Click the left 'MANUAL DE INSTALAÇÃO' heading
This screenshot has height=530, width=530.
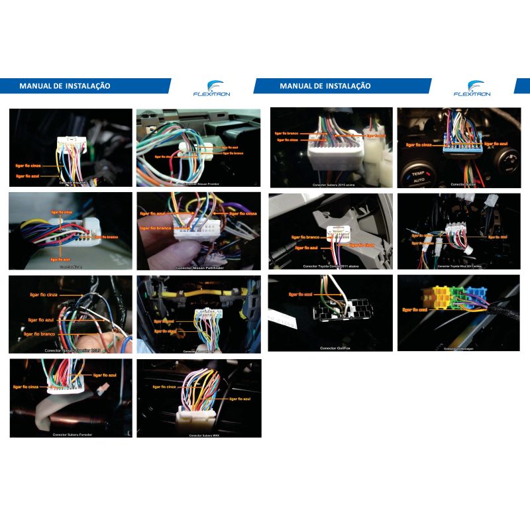tap(64, 86)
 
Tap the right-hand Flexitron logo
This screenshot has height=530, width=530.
tap(472, 89)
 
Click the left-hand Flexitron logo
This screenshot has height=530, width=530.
tap(211, 89)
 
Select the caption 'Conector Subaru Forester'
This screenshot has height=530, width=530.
tap(72, 435)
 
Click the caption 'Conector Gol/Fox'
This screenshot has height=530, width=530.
tap(335, 348)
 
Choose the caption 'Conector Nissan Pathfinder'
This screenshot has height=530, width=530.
tap(198, 268)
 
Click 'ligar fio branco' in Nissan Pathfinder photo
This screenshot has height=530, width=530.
tap(155, 227)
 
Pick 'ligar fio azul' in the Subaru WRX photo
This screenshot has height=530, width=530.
tap(239, 399)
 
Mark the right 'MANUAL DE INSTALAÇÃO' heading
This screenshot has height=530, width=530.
tap(325, 86)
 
